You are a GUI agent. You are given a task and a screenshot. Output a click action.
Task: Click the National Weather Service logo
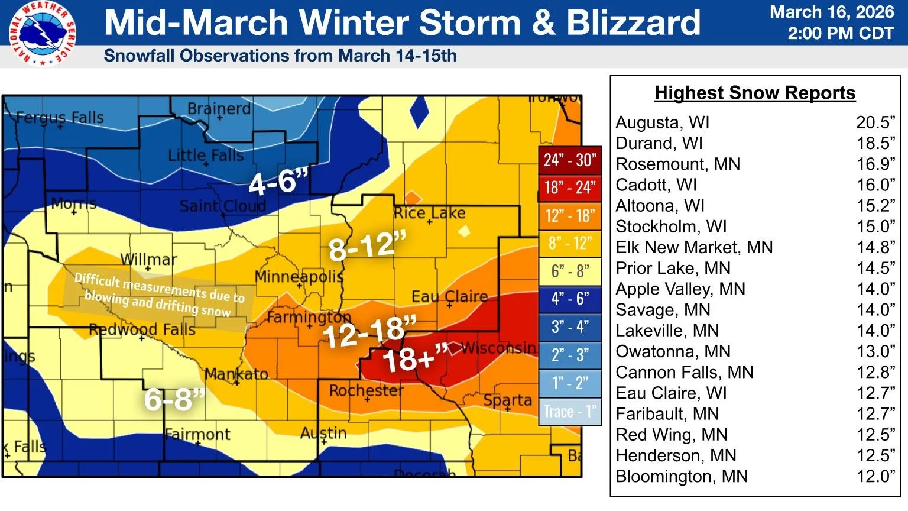42,33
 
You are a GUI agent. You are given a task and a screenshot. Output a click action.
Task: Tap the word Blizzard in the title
633,23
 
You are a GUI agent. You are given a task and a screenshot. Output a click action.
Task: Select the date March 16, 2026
832,12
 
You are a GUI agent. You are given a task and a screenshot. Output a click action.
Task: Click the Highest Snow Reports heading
755,93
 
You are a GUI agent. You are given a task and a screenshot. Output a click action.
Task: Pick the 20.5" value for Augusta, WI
875,122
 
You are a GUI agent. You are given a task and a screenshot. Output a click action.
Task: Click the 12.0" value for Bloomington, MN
875,476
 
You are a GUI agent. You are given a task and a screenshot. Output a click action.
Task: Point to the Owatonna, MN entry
673,351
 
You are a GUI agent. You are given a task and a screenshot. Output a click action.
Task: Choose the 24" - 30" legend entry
570,160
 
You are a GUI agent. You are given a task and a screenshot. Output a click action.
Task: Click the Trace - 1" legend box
570,412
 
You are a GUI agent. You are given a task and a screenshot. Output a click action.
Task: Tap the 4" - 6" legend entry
570,299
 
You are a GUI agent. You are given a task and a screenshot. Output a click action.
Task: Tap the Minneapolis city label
299,276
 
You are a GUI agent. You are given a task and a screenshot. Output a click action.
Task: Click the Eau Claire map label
449,296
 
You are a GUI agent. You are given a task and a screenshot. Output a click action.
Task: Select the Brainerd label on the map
219,109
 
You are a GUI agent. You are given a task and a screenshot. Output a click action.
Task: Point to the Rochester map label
367,390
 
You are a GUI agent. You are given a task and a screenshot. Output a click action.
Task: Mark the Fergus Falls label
59,118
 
